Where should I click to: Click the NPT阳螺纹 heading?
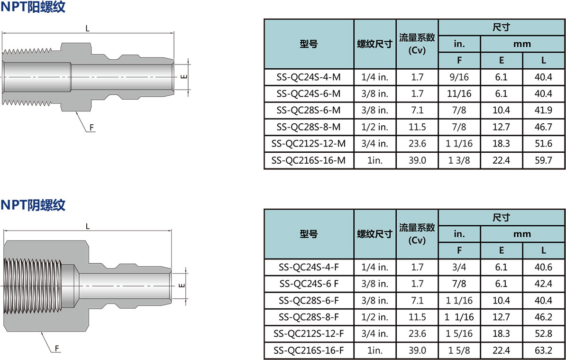pyautogui.click(x=33, y=7)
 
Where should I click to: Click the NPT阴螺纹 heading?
pyautogui.click(x=33, y=205)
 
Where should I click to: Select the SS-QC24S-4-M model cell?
pyautogui.click(x=309, y=77)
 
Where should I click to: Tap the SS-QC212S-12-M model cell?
pyautogui.click(x=309, y=143)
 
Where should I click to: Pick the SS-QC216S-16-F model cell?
pyautogui.click(x=309, y=350)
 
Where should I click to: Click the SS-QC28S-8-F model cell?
pyautogui.click(x=309, y=317)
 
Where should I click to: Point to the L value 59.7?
pyautogui.click(x=544, y=160)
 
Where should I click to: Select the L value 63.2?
pyautogui.click(x=544, y=350)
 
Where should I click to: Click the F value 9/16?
pyautogui.click(x=459, y=77)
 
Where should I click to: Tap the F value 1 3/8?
pyautogui.click(x=459, y=160)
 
